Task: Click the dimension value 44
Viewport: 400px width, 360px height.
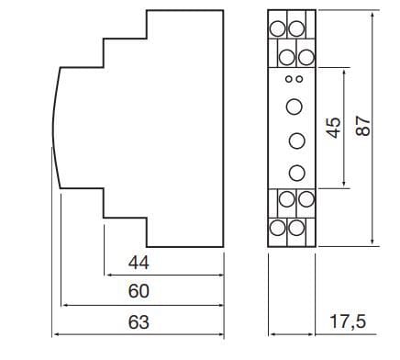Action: (139, 263)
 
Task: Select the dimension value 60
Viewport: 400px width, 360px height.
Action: (139, 291)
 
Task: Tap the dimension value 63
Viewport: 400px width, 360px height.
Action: (139, 322)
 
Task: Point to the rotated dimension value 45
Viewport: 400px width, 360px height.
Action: (333, 128)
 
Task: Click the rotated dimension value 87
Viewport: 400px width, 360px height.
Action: (363, 126)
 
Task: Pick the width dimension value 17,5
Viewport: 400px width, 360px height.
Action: (348, 322)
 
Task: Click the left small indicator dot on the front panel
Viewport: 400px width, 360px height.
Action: (289, 79)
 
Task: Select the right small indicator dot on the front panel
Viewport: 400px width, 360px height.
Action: (299, 79)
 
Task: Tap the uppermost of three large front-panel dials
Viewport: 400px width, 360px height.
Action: (294, 107)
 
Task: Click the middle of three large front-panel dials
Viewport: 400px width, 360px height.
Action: (297, 141)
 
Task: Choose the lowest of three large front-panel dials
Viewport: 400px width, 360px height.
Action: (297, 173)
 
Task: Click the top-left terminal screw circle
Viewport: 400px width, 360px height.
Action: (277, 28)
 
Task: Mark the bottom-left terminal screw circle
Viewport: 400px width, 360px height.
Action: (277, 228)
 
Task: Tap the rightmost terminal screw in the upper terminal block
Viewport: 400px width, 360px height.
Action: (306, 57)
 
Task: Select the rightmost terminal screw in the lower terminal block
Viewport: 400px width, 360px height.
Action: (306, 199)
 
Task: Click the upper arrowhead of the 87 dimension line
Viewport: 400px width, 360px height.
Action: (372, 16)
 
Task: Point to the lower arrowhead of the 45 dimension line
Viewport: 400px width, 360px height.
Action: (344, 183)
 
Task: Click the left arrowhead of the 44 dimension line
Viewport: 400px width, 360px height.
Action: (107, 276)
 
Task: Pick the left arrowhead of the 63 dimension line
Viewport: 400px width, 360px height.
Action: (56, 334)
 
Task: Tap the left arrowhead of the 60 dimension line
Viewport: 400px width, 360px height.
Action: (65, 305)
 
